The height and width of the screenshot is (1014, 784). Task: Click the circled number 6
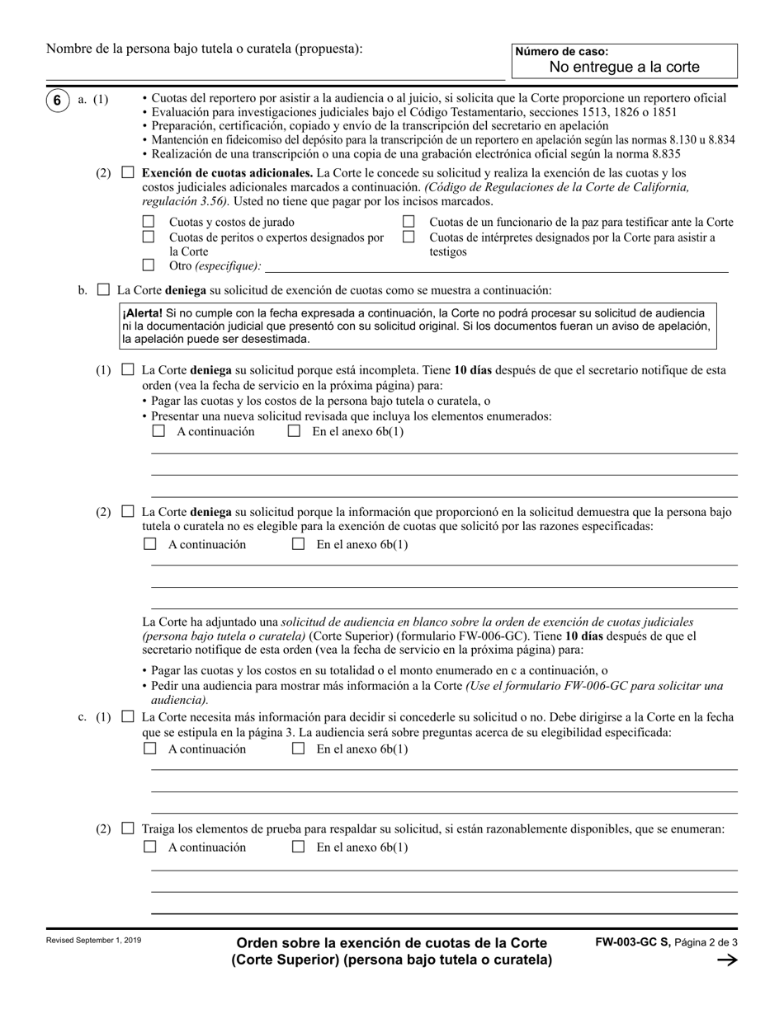[57, 100]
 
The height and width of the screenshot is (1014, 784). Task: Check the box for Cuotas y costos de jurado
[149, 222]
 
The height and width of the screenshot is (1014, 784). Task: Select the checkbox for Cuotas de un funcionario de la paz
[409, 222]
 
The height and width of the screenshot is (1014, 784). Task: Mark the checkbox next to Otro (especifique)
[149, 265]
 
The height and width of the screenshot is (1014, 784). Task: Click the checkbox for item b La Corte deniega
[103, 290]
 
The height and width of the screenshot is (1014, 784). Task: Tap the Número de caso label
[561, 52]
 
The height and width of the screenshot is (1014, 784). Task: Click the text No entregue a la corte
[624, 68]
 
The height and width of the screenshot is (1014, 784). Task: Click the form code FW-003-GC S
[632, 942]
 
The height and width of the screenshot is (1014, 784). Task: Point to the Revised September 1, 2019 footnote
[93, 940]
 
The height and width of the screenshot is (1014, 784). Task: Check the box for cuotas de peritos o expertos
[149, 237]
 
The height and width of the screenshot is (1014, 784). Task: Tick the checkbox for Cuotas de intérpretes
[409, 237]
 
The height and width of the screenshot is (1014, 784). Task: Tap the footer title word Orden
[257, 943]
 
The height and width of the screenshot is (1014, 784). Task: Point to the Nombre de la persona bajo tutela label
[204, 49]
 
